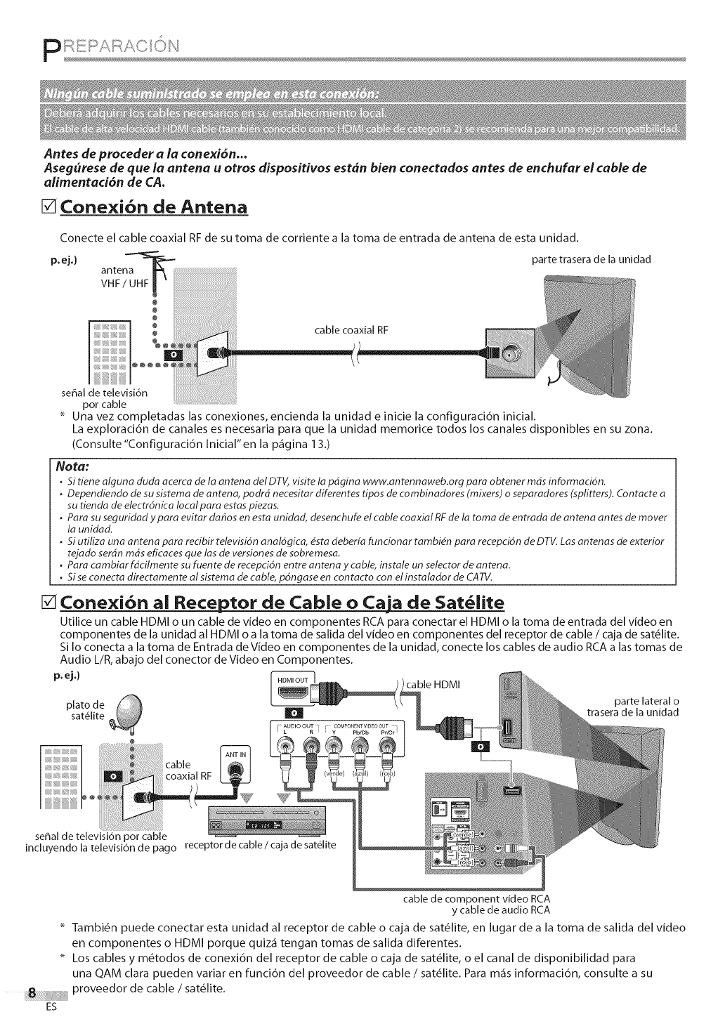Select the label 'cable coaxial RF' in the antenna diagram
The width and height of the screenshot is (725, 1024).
(x=350, y=330)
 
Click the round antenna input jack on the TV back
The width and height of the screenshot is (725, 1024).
(x=508, y=348)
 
